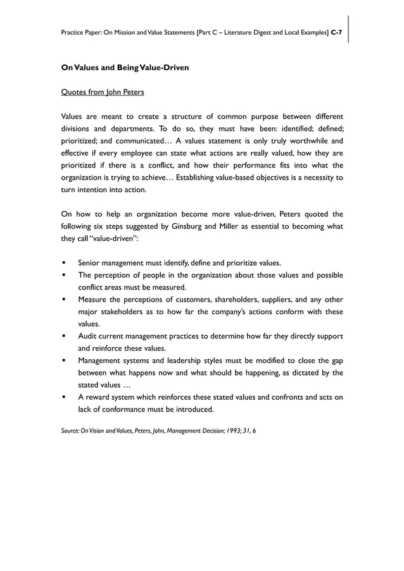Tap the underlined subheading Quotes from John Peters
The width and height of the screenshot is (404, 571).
[102, 92]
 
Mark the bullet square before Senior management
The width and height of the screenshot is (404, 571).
[64, 262]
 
